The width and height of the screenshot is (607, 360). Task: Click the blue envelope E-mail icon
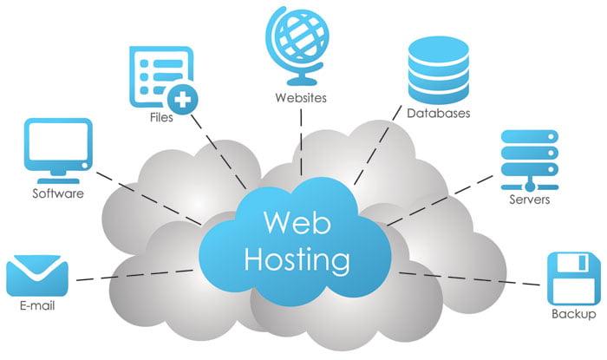click(x=36, y=276)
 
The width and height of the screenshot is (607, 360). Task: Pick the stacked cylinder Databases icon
click(x=437, y=69)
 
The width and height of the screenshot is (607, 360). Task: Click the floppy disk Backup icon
click(x=573, y=277)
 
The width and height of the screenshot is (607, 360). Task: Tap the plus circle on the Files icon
click(x=183, y=96)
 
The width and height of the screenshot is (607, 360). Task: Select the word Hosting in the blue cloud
click(x=298, y=259)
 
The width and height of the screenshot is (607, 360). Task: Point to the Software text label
click(x=58, y=193)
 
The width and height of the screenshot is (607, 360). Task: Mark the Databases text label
click(x=439, y=114)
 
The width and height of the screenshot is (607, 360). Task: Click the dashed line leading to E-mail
click(x=130, y=276)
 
